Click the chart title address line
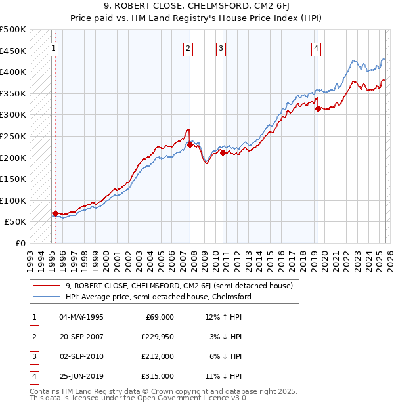(x=196, y=6)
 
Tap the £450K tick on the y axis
(x=13, y=51)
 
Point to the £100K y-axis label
(x=13, y=200)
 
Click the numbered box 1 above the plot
(x=53, y=47)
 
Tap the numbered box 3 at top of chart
(x=221, y=47)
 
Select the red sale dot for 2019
(x=318, y=109)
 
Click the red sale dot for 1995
(x=55, y=213)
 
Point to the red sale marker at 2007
(x=190, y=144)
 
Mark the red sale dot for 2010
(x=223, y=152)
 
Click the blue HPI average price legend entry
(x=158, y=297)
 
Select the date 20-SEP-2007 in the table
(x=81, y=336)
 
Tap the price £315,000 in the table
(x=158, y=376)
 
